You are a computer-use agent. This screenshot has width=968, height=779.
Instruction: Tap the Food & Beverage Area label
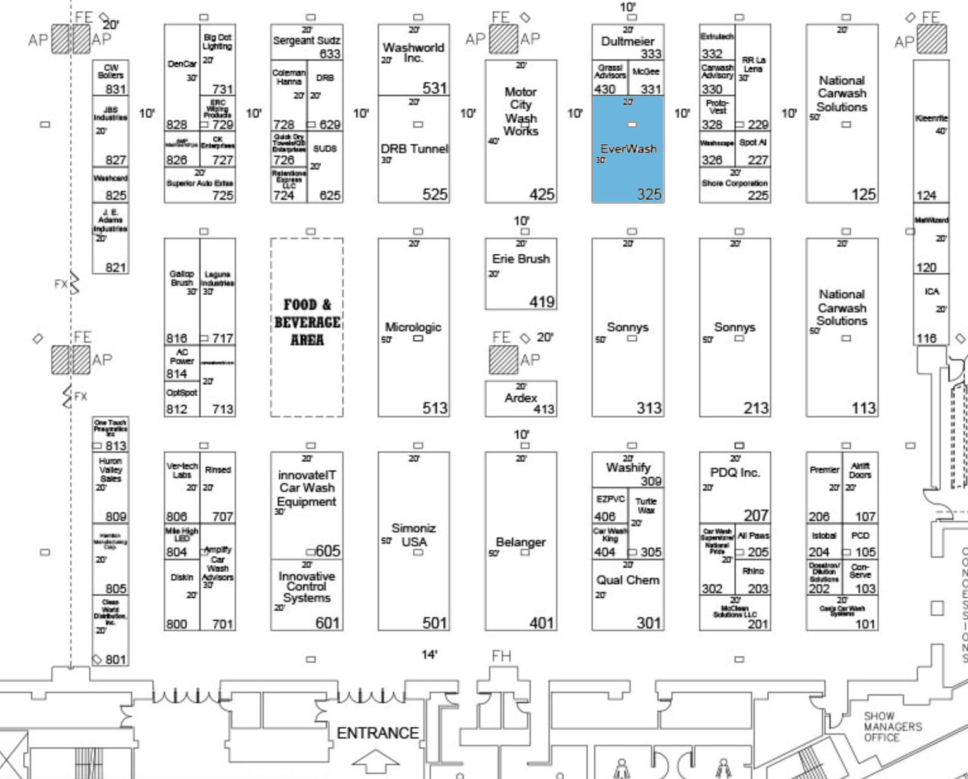307,322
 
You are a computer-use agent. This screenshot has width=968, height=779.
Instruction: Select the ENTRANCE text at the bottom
378,733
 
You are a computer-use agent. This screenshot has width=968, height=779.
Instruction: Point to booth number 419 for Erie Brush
542,302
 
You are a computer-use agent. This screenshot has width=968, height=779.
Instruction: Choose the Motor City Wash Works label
521,111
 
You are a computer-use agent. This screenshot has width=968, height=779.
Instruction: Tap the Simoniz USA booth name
413,535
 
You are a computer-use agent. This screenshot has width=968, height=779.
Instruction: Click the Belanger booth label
521,542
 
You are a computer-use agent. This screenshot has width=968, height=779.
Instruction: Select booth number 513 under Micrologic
435,408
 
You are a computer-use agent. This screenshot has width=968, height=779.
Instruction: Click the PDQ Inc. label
735,472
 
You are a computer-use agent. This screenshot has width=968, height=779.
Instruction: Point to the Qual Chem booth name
628,580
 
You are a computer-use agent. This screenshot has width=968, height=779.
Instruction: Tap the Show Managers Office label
893,727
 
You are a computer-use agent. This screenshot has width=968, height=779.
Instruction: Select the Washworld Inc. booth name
413,52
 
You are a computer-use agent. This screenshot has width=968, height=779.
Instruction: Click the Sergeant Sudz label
307,40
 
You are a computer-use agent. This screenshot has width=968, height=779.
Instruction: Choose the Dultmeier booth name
628,41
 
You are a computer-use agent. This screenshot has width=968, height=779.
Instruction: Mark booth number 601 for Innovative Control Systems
327,623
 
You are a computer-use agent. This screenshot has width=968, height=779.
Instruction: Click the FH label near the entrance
501,656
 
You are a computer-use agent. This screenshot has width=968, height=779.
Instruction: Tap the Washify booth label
628,467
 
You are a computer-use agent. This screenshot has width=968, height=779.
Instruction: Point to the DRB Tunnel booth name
414,149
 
